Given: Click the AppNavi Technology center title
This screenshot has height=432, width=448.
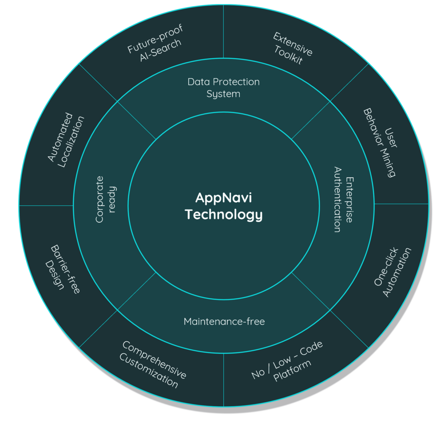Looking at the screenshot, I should click(224, 206).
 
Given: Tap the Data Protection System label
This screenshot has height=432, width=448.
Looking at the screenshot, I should click(224, 88).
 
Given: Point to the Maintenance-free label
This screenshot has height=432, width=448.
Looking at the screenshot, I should click(224, 322).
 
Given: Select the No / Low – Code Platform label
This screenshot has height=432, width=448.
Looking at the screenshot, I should click(287, 362).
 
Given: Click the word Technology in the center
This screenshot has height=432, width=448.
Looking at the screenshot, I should click(224, 215).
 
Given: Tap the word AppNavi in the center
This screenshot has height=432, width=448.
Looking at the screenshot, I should click(224, 198).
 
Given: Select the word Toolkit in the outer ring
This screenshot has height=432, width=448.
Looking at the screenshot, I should click(288, 55).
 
